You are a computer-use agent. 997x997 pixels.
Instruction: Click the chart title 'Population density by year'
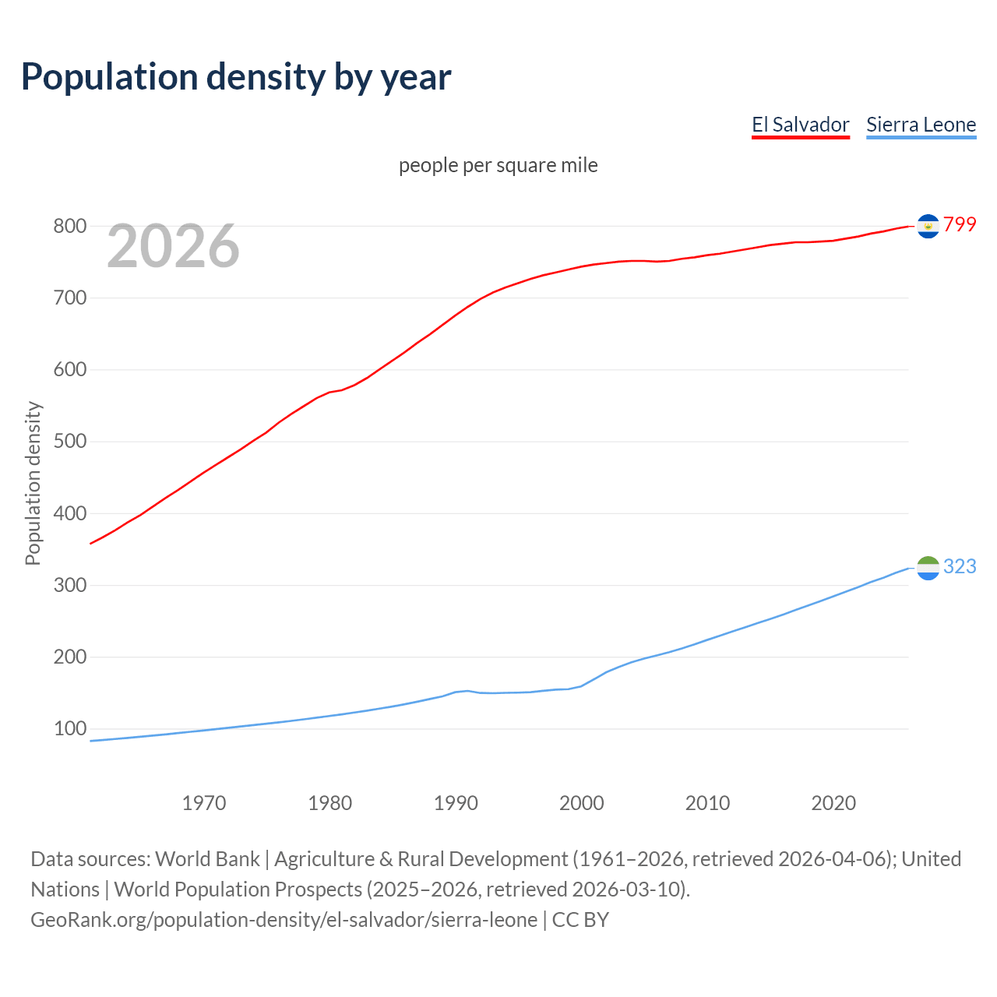click(x=236, y=77)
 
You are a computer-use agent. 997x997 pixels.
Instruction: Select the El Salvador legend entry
click(x=800, y=125)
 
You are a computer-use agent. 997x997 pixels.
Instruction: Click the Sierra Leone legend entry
click(x=921, y=125)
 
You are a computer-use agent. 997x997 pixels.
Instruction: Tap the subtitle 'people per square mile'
click(x=498, y=165)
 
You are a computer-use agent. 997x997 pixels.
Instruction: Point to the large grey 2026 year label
click(x=173, y=246)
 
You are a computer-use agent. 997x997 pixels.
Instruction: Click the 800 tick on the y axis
click(x=69, y=227)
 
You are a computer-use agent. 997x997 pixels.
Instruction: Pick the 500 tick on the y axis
click(x=69, y=442)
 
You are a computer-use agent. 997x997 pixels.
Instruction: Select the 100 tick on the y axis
click(x=69, y=729)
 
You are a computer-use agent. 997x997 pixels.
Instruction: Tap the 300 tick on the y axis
click(x=69, y=585)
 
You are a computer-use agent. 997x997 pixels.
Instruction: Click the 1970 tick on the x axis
click(x=204, y=803)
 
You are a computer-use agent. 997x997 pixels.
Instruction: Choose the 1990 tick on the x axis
click(x=456, y=803)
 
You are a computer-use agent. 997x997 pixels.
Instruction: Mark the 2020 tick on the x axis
click(x=833, y=803)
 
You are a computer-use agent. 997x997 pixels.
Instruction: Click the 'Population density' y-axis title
click(x=33, y=483)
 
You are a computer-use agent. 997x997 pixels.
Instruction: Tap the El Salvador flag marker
click(x=928, y=226)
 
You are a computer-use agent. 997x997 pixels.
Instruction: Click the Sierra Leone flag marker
click(x=928, y=568)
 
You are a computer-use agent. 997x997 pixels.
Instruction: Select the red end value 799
click(x=960, y=224)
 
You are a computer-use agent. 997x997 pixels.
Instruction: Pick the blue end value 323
click(x=960, y=566)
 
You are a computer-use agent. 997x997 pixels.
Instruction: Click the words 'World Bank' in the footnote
click(x=207, y=859)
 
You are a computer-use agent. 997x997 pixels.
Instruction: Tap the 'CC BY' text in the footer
click(x=580, y=920)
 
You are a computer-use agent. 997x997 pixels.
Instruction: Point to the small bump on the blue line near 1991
click(x=466, y=691)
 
